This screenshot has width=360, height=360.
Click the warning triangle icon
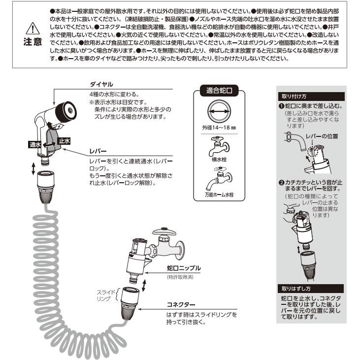click(x=32, y=29)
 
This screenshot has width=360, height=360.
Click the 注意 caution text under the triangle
click(x=32, y=43)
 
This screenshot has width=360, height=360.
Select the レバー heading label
click(x=96, y=152)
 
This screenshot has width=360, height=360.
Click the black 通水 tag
click(x=34, y=144)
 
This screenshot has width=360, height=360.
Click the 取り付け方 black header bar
click(x=294, y=96)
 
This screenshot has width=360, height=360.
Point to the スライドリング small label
click(x=105, y=295)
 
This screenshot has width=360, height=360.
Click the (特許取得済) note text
click(x=180, y=277)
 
